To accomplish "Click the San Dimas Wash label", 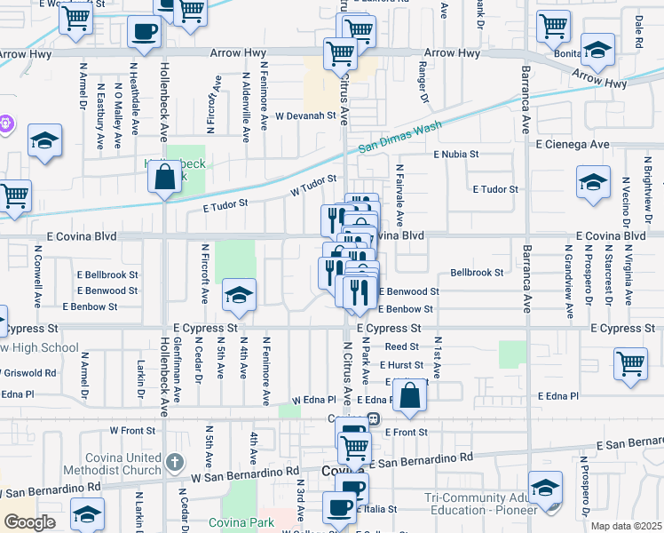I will pos(400,139).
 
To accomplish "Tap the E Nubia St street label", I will pos(456,154).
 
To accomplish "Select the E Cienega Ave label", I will pos(572,144).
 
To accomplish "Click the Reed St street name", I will pos(401,347).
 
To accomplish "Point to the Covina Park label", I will pos(241,522).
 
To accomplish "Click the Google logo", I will pos(29,522).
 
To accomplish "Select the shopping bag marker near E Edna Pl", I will pos(409,396).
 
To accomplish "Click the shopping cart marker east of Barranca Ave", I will pos(630,364).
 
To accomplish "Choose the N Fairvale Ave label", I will pos(399,194).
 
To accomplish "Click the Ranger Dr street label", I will pos(423,86).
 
